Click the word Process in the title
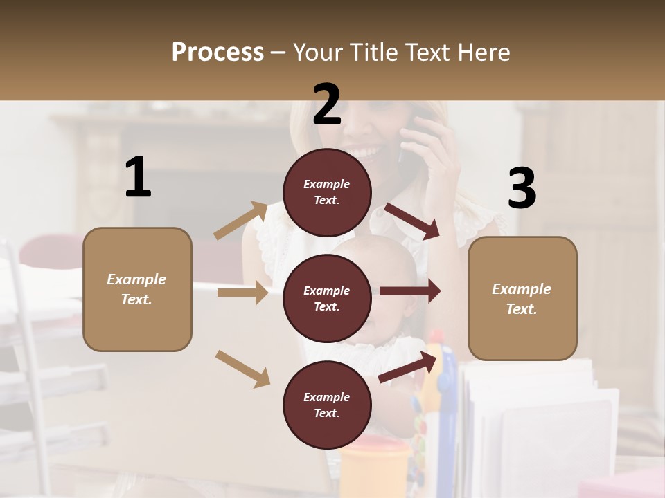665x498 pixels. tap(218, 52)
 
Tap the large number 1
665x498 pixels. tap(138, 178)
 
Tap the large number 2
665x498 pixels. tap(327, 104)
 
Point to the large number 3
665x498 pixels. tap(522, 189)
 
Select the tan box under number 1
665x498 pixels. tap(137, 289)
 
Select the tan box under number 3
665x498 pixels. tap(522, 298)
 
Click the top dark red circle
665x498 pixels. tap(327, 192)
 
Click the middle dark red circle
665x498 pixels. tap(327, 298)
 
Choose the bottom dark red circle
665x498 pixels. tap(327, 405)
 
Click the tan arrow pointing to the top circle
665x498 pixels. tap(241, 220)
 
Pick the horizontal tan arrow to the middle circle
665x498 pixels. tap(242, 293)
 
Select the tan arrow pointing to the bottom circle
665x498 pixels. tap(242, 368)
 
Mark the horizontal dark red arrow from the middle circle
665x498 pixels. tap(410, 291)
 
